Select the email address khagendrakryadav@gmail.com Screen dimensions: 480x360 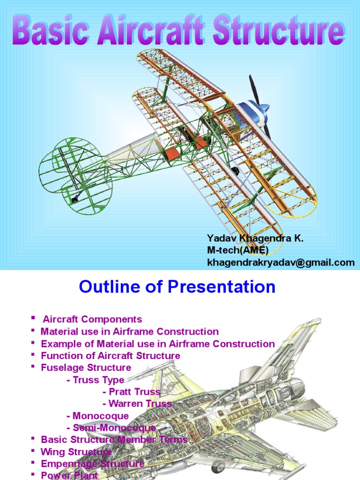point(281,262)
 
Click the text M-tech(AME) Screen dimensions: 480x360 point(238,251)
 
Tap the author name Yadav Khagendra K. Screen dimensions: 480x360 point(255,239)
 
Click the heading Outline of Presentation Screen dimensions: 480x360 point(177,286)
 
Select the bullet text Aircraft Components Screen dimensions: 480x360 point(92,320)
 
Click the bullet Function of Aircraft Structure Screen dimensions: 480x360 point(110,356)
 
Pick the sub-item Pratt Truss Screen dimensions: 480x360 point(135,392)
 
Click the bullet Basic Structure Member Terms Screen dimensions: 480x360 point(114,440)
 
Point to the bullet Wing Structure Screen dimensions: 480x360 point(76,452)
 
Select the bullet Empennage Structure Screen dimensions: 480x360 point(92,464)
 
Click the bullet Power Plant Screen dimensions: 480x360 point(69,475)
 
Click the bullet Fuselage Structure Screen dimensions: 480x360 point(86,367)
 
